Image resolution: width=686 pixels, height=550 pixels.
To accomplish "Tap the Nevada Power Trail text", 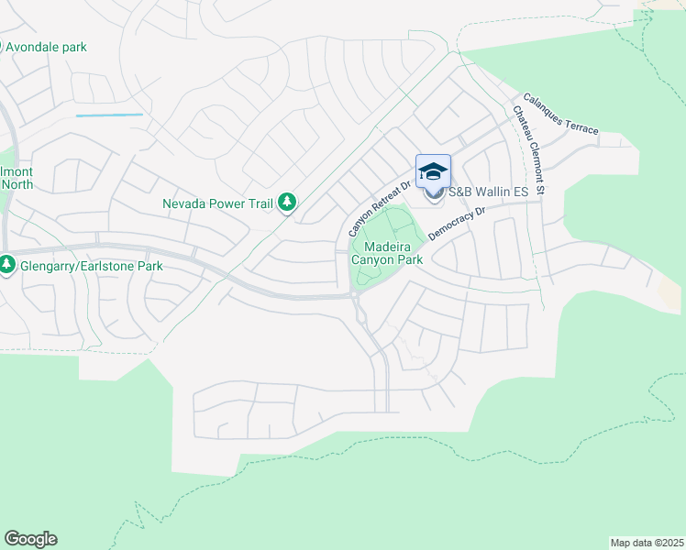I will [x=217, y=203].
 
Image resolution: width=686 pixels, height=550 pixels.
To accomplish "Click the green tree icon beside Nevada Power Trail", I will [x=287, y=202].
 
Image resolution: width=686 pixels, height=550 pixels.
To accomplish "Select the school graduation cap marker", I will [x=434, y=171].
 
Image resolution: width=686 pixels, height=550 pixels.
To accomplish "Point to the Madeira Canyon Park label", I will [x=387, y=253].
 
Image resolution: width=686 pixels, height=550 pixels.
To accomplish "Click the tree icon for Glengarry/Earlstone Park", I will [x=7, y=266].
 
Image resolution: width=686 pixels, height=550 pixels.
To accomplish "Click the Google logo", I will [x=30, y=539].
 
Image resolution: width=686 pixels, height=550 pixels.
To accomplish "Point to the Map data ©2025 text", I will [x=647, y=543].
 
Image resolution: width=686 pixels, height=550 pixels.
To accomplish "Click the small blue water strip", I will [x=109, y=115].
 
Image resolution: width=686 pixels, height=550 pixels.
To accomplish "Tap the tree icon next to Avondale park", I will [x=2, y=47].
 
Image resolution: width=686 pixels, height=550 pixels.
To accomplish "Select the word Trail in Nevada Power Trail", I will [x=259, y=203].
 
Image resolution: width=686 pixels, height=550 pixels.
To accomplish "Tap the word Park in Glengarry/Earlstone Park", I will [x=148, y=267].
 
